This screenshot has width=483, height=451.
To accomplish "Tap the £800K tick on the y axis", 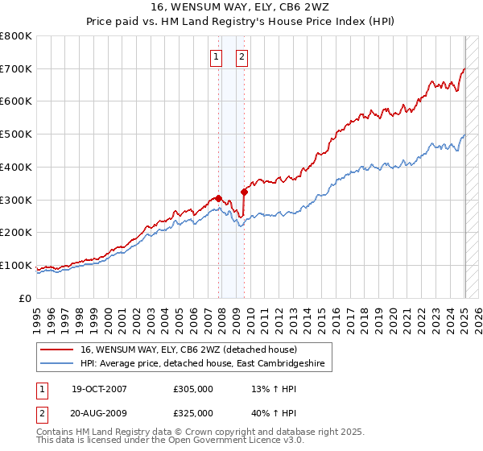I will pyautogui.click(x=16, y=36).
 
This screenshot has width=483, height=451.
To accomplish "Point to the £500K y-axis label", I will pyautogui.click(x=16, y=134).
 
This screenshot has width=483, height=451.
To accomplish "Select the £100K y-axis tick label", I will pyautogui.click(x=16, y=265).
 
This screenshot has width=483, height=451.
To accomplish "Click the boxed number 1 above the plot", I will pyautogui.click(x=217, y=56).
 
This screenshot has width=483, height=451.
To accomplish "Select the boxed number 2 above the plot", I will pyautogui.click(x=242, y=56).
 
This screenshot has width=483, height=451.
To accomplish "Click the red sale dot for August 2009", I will pyautogui.click(x=244, y=192).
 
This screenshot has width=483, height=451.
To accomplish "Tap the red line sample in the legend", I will pyautogui.click(x=57, y=350).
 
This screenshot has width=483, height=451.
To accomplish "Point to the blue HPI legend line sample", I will pyautogui.click(x=57, y=364).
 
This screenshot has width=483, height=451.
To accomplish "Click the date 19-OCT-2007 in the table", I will pyautogui.click(x=99, y=389).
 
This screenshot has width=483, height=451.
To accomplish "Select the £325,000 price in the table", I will pyautogui.click(x=193, y=413).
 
